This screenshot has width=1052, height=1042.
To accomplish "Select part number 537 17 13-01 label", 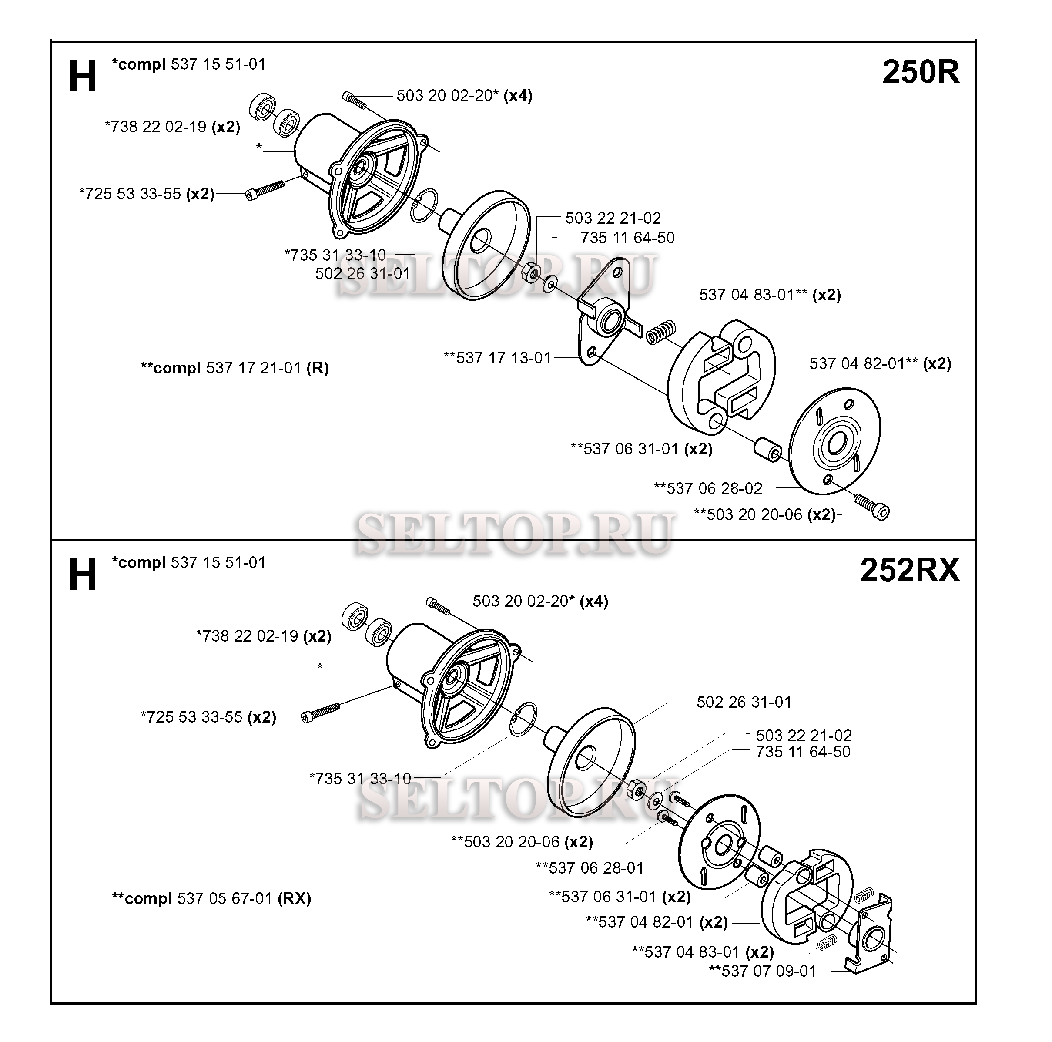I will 497,358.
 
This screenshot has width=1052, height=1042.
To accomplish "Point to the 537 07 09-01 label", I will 762,971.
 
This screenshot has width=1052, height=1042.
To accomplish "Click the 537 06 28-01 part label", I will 590,868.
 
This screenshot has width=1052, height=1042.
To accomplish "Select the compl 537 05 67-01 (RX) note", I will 211,898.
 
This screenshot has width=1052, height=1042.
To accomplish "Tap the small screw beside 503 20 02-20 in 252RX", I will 439,606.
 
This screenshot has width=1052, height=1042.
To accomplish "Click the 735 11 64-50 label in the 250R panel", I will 627,238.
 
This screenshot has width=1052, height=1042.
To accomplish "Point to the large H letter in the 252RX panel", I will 82,576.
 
